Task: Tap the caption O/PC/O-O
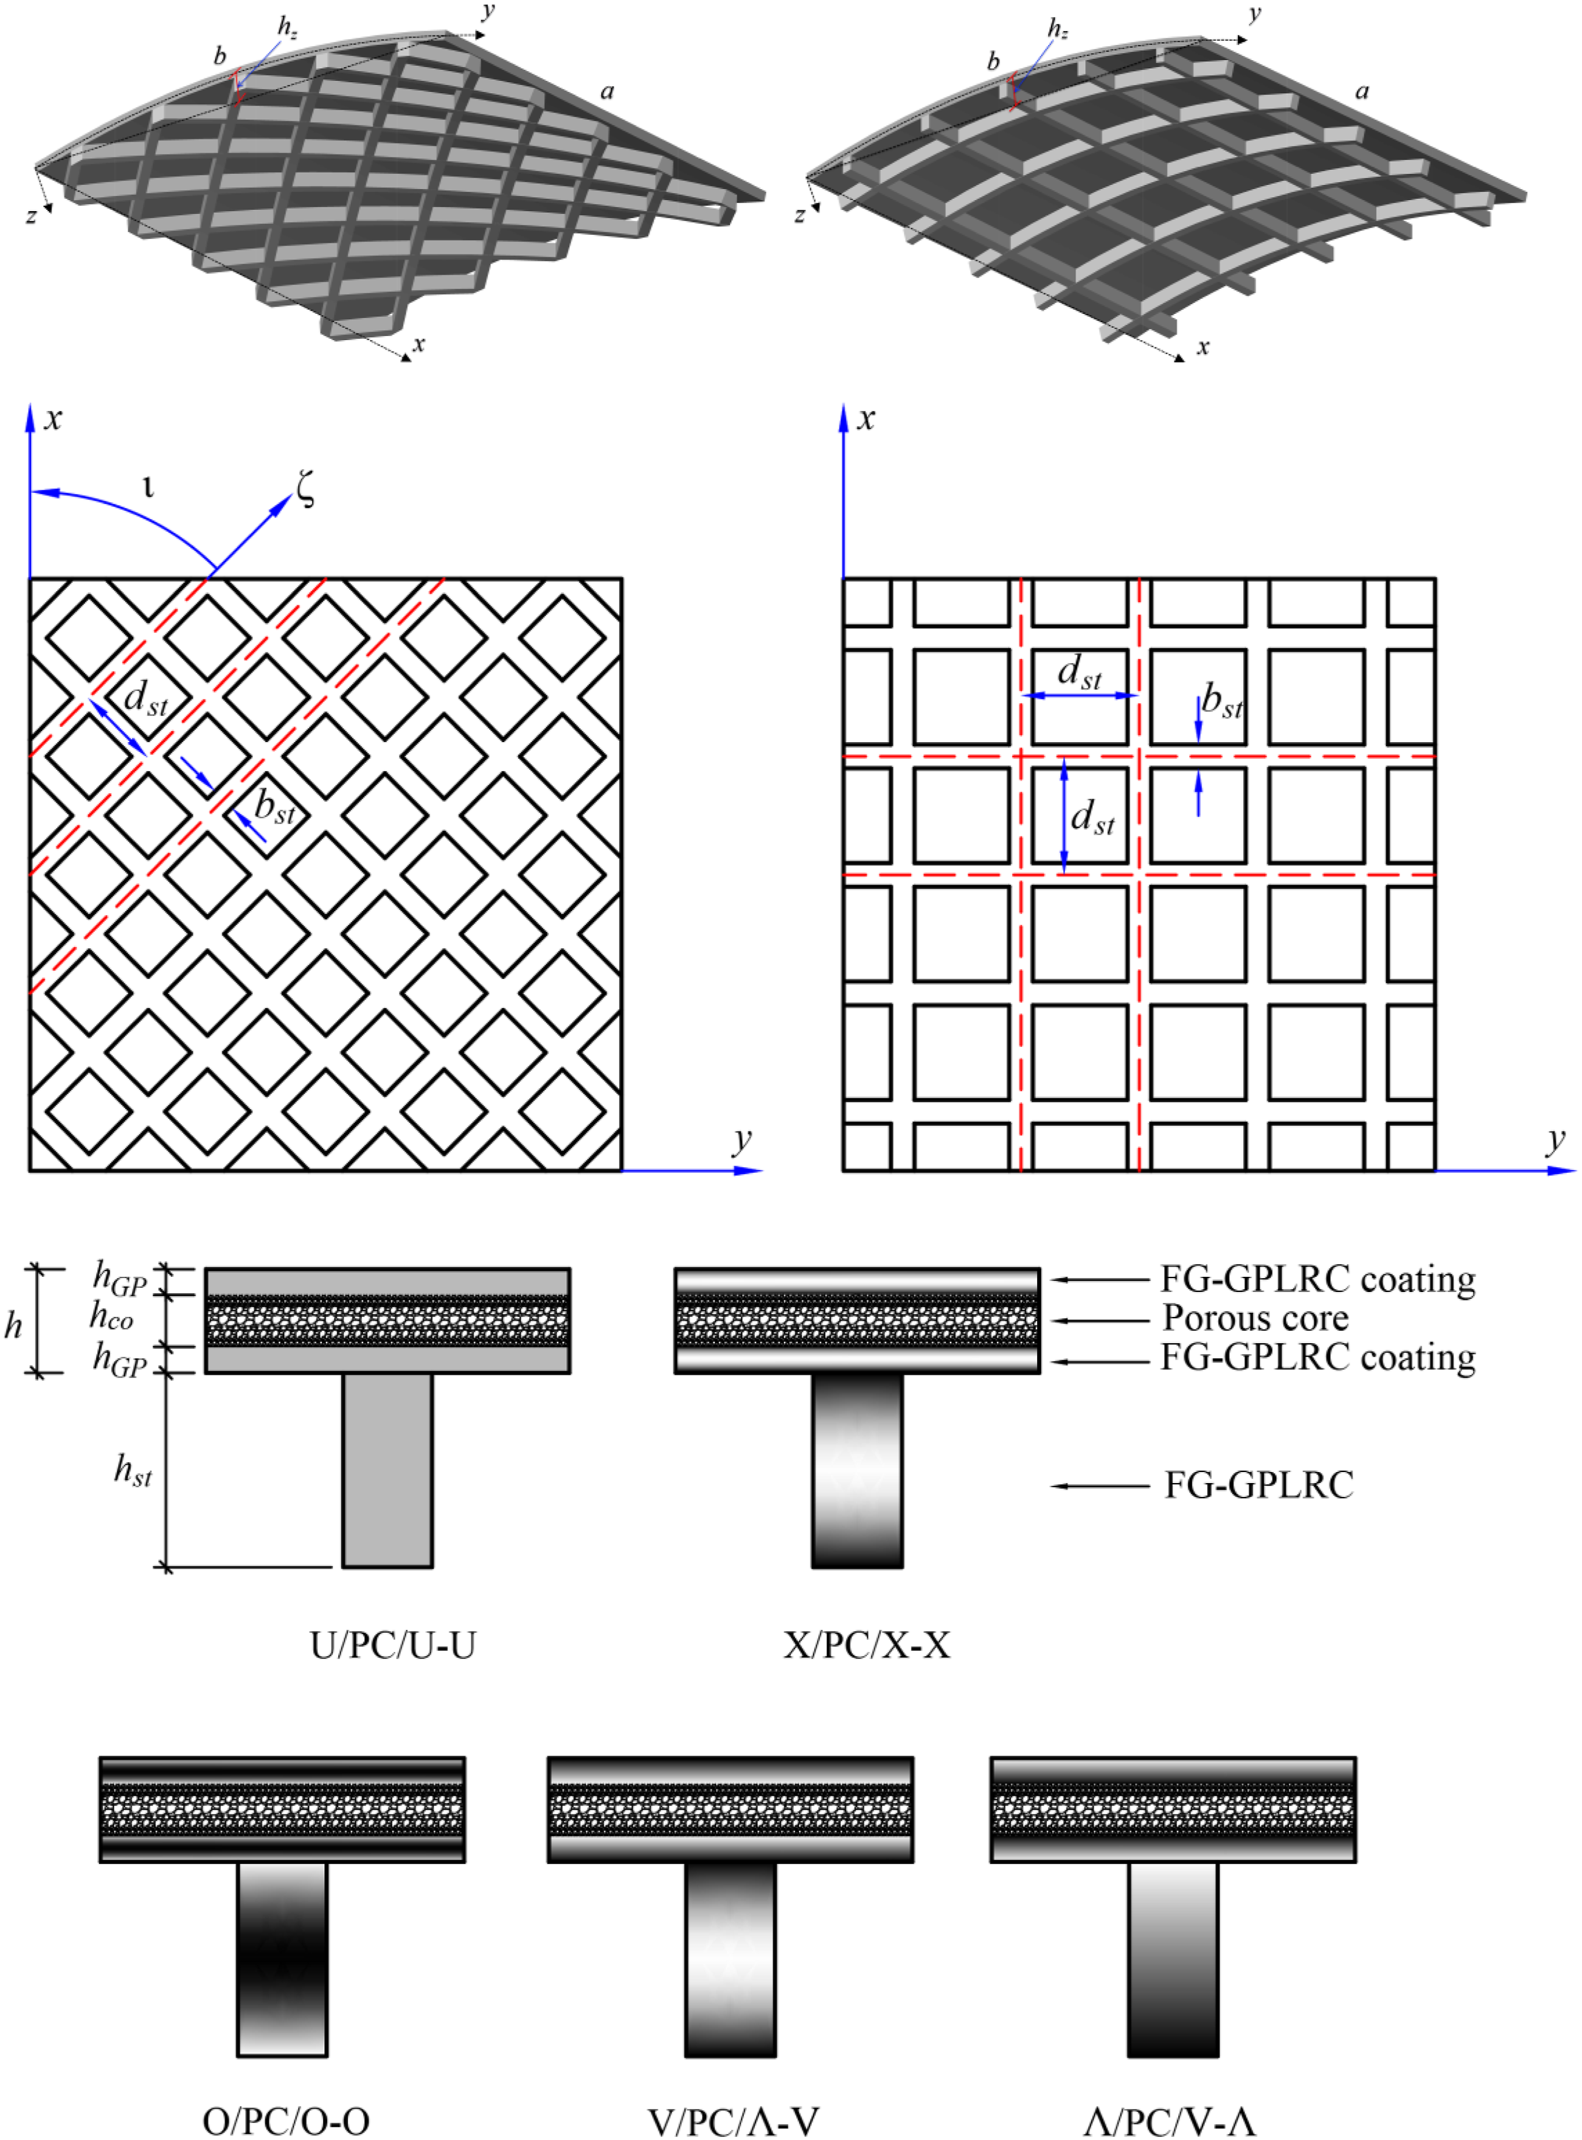point(286,2121)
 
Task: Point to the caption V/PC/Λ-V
point(734,2121)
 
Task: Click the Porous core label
point(1255,1318)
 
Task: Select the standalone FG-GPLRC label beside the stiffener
point(1259,1485)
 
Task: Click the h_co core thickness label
point(111,1318)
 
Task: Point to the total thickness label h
point(13,1325)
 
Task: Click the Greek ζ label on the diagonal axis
point(305,489)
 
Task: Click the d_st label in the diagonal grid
point(145,697)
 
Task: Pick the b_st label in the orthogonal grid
point(1222,702)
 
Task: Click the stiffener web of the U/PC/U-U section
point(387,1470)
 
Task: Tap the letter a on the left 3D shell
point(607,92)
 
